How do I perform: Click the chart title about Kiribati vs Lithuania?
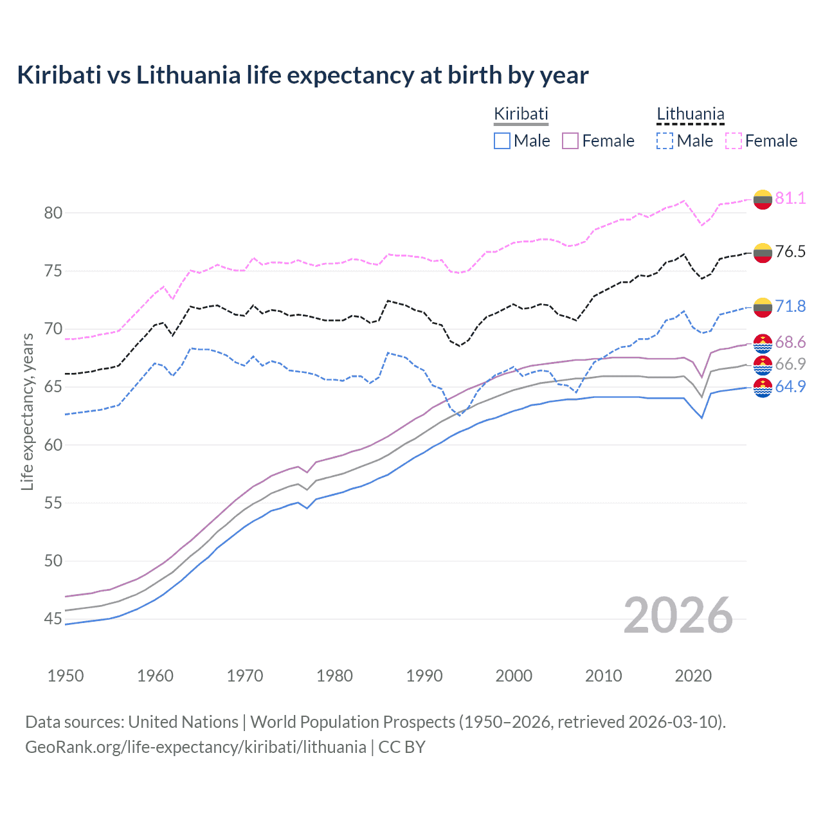(x=302, y=75)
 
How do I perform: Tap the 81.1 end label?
(x=790, y=198)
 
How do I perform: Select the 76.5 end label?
(x=790, y=251)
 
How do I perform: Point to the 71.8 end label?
(x=790, y=306)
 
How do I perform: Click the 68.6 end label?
(x=790, y=342)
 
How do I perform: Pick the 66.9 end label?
(x=790, y=364)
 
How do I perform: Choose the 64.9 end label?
(x=790, y=386)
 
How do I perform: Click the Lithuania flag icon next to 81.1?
(x=763, y=199)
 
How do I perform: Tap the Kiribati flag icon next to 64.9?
(x=763, y=388)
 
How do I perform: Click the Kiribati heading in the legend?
(x=521, y=114)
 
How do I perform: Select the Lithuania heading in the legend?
(x=691, y=114)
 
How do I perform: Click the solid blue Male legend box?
(x=502, y=141)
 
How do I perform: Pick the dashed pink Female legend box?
(x=734, y=141)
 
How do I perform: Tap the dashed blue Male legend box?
(x=665, y=141)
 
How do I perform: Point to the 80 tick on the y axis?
(x=53, y=213)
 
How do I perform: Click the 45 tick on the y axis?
(x=53, y=619)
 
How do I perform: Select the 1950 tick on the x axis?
(x=66, y=676)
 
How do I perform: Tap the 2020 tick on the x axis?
(x=693, y=676)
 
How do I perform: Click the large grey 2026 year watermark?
(x=678, y=615)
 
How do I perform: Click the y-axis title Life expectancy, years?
(x=27, y=411)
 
